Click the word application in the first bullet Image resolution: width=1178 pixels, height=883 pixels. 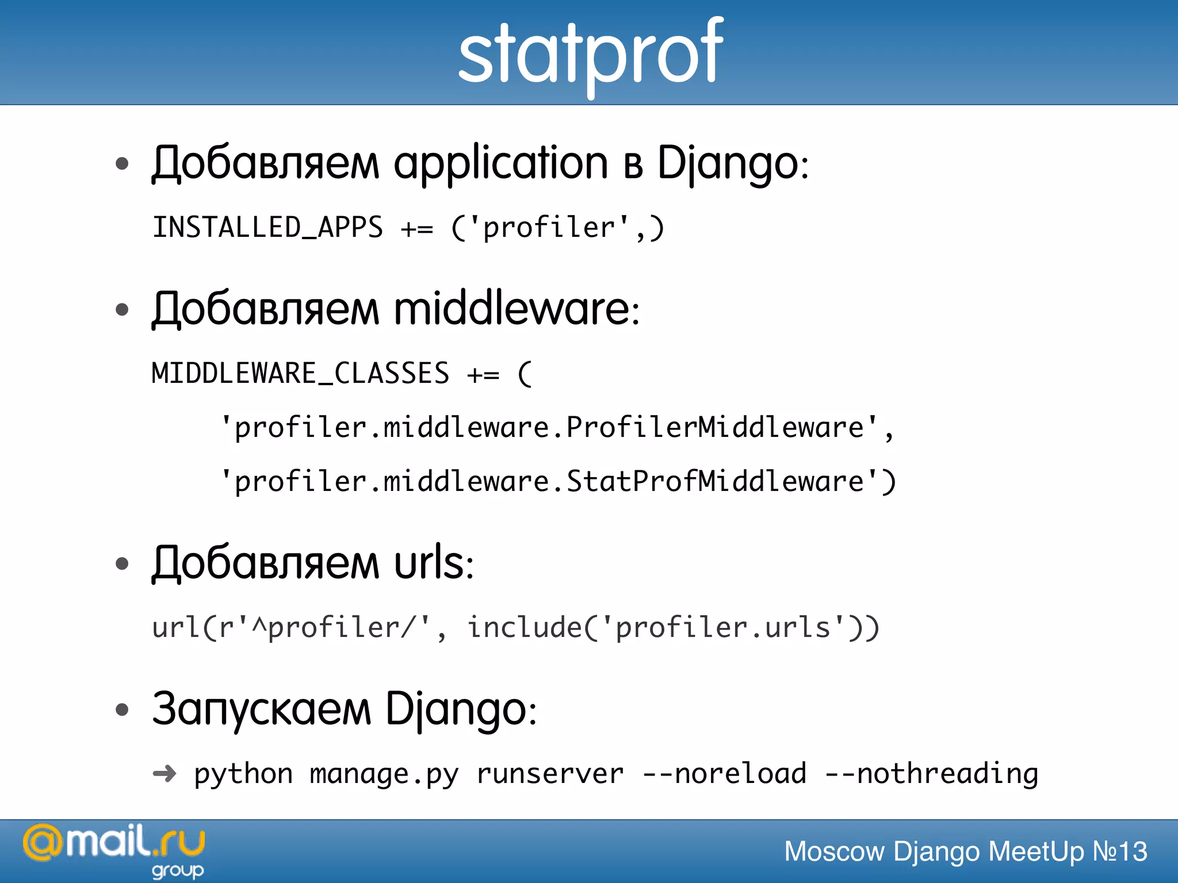(x=500, y=164)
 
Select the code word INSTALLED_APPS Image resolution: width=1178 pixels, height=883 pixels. (x=267, y=228)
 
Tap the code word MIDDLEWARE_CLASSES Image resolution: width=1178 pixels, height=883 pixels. (x=300, y=374)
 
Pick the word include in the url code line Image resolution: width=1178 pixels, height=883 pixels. (x=525, y=628)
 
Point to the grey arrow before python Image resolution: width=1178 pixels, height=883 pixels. (x=165, y=774)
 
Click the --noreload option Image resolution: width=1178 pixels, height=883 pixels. (x=724, y=774)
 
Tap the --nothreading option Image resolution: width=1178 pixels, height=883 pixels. (x=932, y=774)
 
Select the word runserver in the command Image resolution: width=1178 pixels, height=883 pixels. (x=550, y=774)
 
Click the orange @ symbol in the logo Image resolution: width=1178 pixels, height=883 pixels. (x=42, y=843)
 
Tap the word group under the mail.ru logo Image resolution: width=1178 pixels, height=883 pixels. (x=178, y=871)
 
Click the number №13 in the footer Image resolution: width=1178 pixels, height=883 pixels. (x=1119, y=851)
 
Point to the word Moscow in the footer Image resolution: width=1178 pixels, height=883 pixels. (x=834, y=851)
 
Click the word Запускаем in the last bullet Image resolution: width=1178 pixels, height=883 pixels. (x=262, y=709)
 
